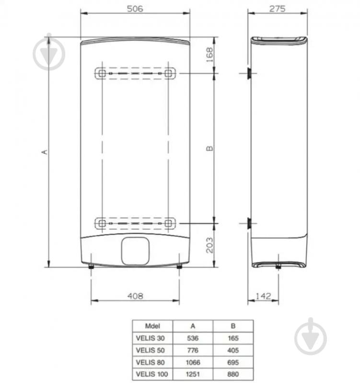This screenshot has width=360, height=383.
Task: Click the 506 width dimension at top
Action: tap(135, 9)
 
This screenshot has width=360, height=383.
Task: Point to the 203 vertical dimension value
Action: tap(209, 245)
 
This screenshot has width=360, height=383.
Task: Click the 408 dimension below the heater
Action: tap(135, 296)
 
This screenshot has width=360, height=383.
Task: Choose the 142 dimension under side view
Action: tap(263, 296)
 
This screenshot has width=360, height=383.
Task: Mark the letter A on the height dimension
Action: tap(45, 151)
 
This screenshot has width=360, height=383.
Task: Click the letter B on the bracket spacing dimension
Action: tap(209, 149)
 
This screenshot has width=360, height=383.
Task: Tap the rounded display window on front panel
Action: tap(135, 251)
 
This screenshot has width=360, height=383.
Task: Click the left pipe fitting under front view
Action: tap(91, 267)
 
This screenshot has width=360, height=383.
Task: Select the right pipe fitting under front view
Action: tap(179, 267)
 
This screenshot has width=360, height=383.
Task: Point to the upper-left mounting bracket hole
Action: tap(101, 73)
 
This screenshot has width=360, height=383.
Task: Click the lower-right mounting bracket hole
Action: tap(169, 223)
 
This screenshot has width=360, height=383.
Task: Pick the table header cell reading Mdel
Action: tap(151, 325)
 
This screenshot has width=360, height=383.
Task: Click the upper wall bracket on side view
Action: tap(249, 73)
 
